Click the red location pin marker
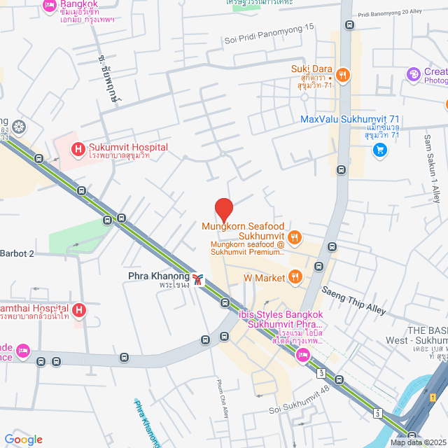(223, 209)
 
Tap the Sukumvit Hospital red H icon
(77, 148)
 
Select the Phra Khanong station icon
(200, 280)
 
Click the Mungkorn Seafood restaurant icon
(295, 237)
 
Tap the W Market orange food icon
(295, 278)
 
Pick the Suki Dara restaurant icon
(342, 73)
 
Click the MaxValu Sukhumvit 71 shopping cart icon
(379, 149)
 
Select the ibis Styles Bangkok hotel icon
(303, 355)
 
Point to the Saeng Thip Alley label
(353, 299)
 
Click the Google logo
(23, 440)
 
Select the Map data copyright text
(417, 442)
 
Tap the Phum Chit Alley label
(220, 405)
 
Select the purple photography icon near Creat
(414, 73)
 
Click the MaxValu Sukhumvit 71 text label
(349, 119)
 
